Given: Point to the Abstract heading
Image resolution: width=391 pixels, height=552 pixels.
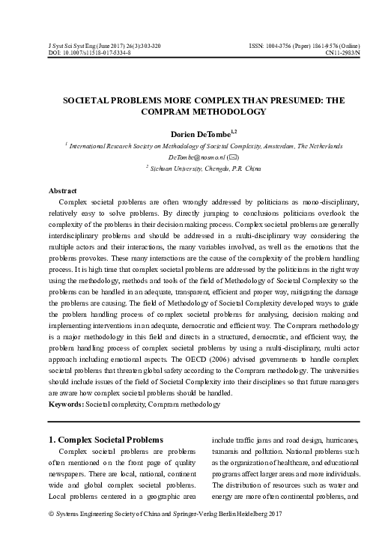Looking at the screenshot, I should [63, 191].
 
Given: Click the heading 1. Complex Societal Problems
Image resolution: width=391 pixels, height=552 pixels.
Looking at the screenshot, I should [112, 439].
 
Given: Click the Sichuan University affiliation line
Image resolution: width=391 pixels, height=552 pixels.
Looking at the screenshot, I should [198, 170].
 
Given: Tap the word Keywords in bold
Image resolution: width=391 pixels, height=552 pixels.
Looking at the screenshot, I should [65, 405].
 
